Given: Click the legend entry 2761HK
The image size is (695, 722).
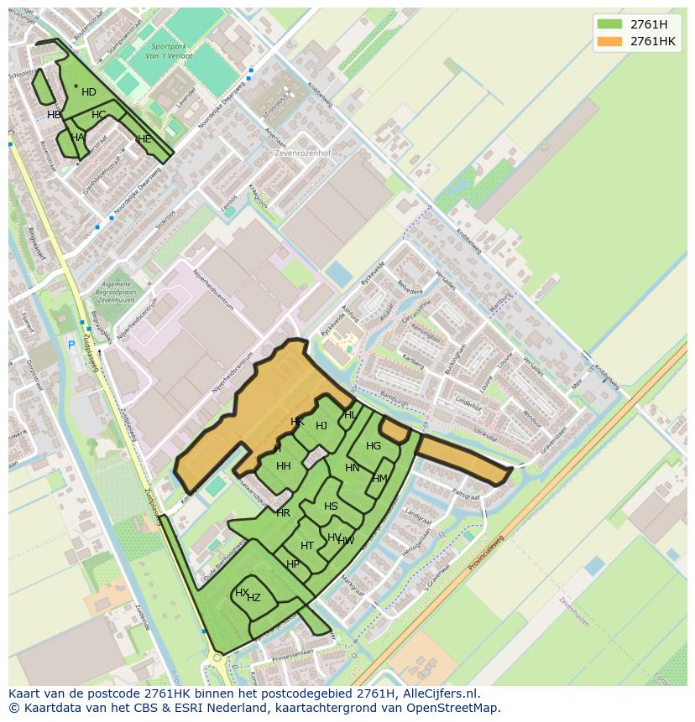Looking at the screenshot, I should tap(652, 41).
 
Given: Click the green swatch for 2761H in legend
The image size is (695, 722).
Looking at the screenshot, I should tap(610, 23).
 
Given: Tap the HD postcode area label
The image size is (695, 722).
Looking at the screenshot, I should tap(89, 92).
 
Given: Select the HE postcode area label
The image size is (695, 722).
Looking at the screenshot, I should tap(144, 139).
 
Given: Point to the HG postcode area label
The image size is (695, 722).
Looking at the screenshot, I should tap(374, 446).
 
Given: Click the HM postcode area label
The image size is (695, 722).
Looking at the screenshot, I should tap(380, 479).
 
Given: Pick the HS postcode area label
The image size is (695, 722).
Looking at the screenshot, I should tap(331, 506).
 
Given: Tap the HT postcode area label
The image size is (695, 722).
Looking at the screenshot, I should tap(307, 546).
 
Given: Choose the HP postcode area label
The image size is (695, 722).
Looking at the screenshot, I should tap(293, 564).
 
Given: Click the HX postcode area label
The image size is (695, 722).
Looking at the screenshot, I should tap(242, 593).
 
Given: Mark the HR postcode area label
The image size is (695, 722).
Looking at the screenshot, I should tap(283, 513).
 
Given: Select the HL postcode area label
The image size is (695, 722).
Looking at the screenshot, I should tap(350, 415).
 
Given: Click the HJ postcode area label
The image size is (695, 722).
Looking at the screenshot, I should tap(321, 426).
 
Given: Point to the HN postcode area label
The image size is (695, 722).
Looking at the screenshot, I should tap(353, 468).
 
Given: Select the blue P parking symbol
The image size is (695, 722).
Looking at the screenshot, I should tap(72, 345).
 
